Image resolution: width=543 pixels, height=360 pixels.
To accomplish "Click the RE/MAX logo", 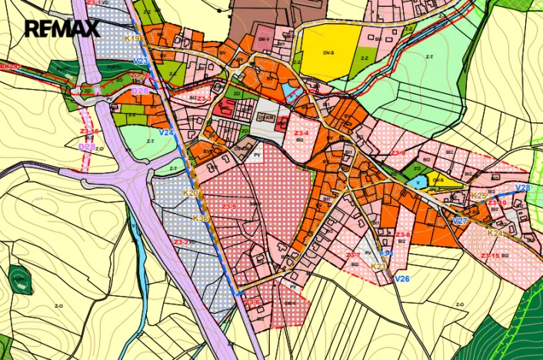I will (62, 29).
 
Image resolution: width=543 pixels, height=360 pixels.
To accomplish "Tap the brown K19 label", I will (132, 38).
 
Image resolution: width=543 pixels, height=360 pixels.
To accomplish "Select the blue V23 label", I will (141, 60).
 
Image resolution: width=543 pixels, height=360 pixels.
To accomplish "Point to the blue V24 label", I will (166, 132).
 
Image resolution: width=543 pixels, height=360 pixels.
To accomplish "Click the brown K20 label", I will (191, 192).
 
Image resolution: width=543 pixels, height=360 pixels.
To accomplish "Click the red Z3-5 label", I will (229, 207).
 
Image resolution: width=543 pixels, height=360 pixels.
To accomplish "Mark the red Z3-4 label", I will (301, 133).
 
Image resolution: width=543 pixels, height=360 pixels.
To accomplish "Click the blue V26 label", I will (401, 278).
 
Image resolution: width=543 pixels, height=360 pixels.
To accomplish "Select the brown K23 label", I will (378, 266).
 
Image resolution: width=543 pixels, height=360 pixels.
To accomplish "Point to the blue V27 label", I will (459, 222).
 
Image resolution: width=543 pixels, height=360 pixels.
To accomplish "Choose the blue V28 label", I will (522, 188).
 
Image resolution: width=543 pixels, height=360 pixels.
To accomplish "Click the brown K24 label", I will (495, 233).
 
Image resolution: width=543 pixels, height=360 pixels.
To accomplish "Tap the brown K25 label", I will (478, 196).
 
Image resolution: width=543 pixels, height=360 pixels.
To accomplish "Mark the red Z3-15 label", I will (490, 255).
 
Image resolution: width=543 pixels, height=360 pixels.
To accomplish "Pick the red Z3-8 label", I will (403, 235).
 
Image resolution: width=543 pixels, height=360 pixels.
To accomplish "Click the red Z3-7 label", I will (353, 255).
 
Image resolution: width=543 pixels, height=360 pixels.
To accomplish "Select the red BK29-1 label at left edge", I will (10, 67).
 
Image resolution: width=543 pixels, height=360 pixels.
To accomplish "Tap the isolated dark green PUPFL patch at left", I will (20, 280).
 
